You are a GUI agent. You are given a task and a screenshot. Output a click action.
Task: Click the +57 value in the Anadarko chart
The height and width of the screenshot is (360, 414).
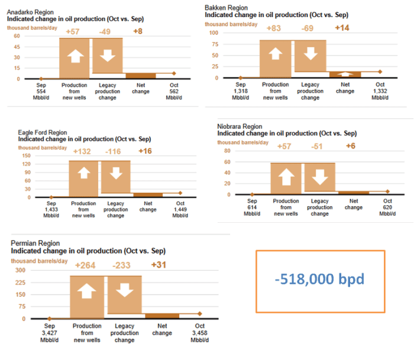[x=74, y=30]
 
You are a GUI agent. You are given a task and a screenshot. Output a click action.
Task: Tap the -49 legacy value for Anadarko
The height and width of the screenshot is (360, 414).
[x=106, y=30]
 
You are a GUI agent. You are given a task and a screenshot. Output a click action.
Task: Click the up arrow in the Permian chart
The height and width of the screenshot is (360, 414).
[x=88, y=293]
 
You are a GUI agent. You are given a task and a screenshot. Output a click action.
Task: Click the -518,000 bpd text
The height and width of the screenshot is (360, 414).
[x=320, y=278]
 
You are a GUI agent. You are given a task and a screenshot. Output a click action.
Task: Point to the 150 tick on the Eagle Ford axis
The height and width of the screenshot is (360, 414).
[x=27, y=154]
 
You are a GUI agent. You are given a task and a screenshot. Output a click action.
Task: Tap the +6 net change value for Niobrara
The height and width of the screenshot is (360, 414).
[x=350, y=145]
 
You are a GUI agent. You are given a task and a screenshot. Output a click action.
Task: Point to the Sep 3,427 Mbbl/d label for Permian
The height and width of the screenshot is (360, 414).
[x=49, y=332]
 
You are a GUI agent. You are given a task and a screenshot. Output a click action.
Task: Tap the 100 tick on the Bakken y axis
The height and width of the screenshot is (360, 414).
[x=215, y=33]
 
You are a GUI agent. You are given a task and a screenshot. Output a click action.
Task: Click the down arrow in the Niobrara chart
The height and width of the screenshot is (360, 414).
[x=319, y=177]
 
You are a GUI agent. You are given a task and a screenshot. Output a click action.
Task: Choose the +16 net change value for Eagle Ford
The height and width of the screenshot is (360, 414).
[x=145, y=151]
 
